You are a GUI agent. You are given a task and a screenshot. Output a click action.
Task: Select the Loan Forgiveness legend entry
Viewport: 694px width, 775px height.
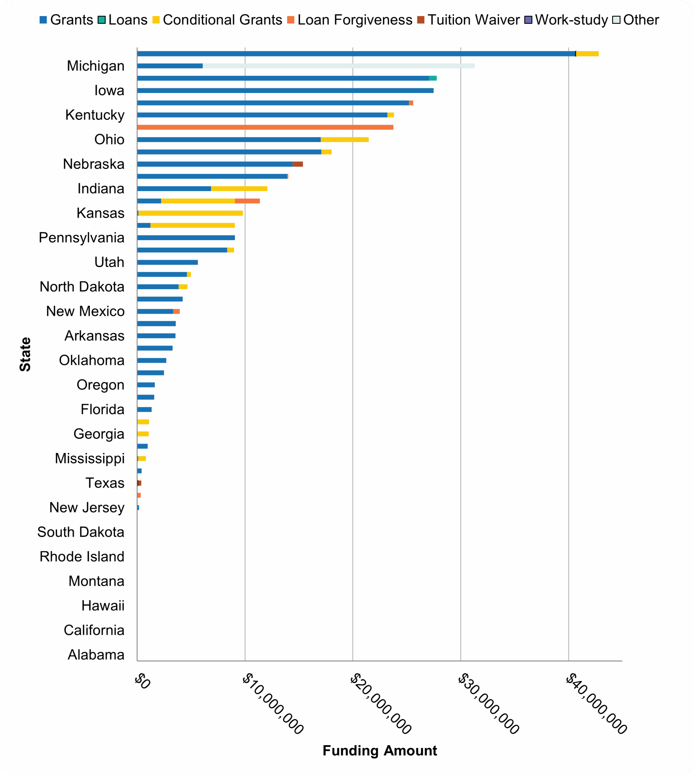coord(349,20)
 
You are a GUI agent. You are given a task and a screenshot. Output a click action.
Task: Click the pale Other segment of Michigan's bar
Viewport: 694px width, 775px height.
coord(339,66)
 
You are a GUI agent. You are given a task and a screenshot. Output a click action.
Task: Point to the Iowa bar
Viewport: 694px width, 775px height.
coord(285,91)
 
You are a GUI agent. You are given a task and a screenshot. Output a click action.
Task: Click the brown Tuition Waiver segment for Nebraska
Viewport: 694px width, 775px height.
coord(298,164)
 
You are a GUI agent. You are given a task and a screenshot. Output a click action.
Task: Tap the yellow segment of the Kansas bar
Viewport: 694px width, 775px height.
coord(191,213)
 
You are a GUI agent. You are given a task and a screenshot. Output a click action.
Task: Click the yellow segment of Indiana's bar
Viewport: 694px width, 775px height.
coord(239,189)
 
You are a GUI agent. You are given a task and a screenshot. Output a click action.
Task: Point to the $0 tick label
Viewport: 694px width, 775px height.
coord(142,682)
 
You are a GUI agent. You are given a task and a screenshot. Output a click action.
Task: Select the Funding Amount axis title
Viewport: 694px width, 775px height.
coord(379,750)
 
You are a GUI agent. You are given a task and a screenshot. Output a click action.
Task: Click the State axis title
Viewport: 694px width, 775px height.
coord(25,354)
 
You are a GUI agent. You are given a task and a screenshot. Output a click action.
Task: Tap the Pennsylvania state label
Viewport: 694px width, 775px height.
coord(82,238)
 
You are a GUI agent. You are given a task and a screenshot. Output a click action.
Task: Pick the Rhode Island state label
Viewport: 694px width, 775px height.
coord(82,557)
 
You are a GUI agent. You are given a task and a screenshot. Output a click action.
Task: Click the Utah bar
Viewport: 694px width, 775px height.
coord(167,262)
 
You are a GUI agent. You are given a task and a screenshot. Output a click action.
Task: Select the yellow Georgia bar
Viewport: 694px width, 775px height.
coord(143,434)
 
